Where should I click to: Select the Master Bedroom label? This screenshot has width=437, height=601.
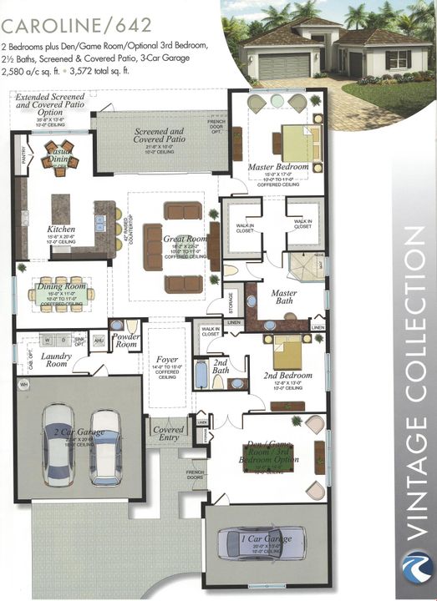278,167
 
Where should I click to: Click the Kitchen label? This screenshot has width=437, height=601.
61,229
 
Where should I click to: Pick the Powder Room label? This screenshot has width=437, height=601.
126,341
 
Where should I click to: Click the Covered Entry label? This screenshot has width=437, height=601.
168,434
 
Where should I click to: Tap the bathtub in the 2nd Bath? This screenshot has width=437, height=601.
201,374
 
